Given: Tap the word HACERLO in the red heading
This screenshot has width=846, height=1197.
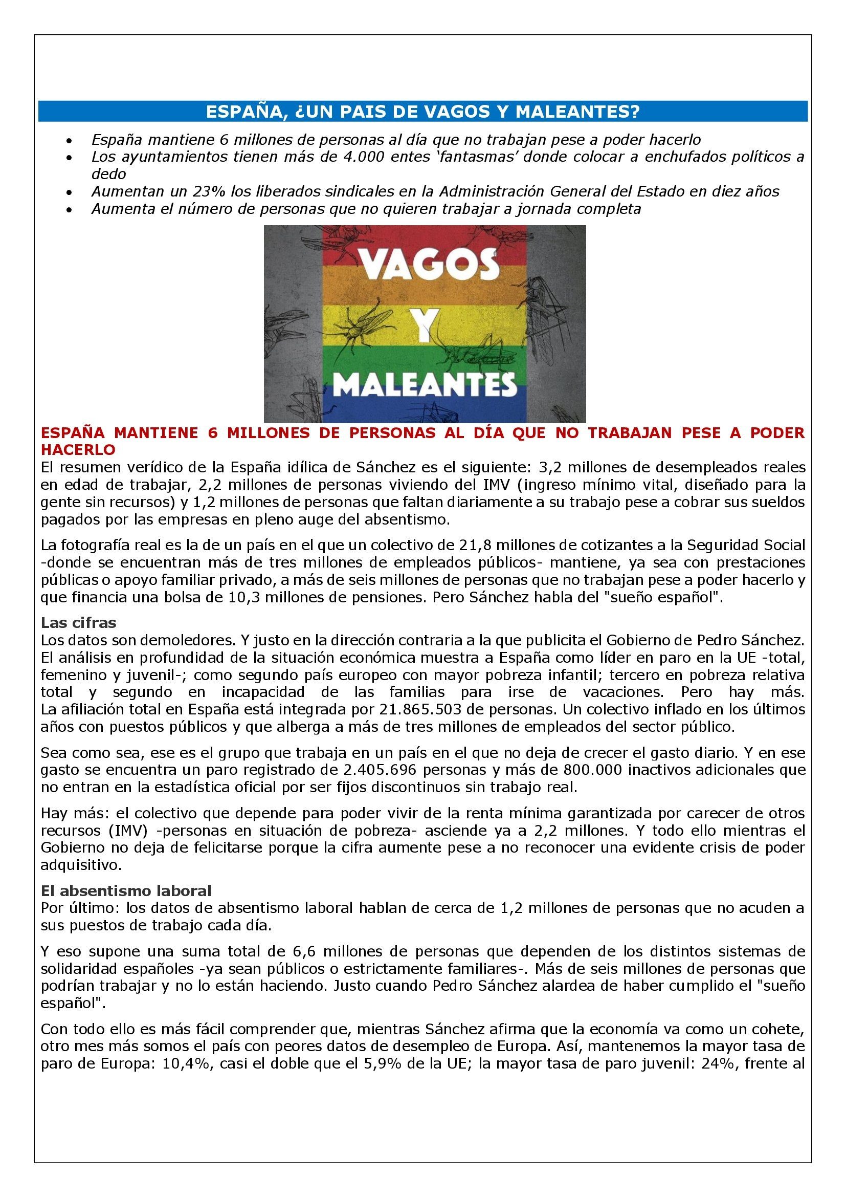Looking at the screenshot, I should click(x=78, y=449).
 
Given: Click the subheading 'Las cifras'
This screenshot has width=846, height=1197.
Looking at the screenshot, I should click(x=79, y=622).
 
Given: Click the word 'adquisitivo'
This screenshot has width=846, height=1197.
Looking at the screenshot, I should click(x=81, y=865).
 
